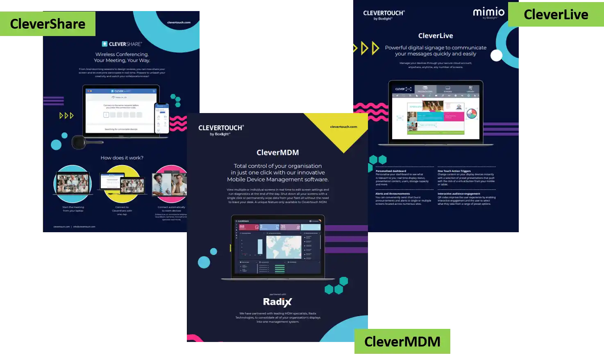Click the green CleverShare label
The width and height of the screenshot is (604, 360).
click(x=48, y=24)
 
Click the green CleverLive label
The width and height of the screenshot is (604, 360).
click(x=556, y=15)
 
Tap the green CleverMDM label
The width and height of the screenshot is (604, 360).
click(x=402, y=341)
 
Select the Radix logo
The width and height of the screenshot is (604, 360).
click(x=277, y=302)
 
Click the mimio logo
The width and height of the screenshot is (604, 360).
click(x=489, y=13)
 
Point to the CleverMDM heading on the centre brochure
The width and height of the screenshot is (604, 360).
click(x=277, y=152)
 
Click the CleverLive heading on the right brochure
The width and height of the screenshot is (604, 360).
click(x=436, y=36)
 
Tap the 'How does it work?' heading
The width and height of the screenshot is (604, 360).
click(x=122, y=158)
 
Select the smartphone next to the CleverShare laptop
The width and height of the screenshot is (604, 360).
click(x=161, y=118)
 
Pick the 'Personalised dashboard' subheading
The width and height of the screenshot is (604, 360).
click(x=391, y=171)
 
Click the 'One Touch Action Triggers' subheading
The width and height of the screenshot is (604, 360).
click(x=454, y=171)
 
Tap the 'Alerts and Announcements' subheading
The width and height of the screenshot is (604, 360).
click(x=393, y=194)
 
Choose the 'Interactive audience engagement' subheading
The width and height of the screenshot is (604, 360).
click(x=459, y=194)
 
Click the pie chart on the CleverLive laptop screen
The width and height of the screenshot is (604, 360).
click(x=472, y=113)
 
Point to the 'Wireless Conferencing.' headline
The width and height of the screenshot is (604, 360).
click(x=122, y=54)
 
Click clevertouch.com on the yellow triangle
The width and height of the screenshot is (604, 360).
click(x=343, y=127)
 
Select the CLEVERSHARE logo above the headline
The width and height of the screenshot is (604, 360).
click(x=122, y=44)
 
